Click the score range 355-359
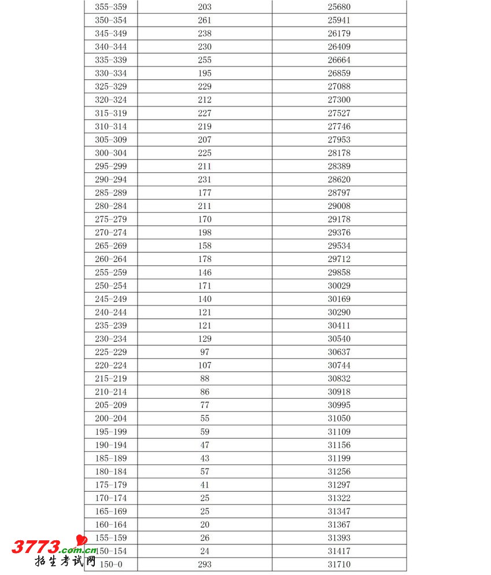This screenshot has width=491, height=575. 110,7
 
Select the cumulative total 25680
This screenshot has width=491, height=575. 339,7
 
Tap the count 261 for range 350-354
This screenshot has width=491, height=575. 205,20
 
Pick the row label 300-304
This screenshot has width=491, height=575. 110,153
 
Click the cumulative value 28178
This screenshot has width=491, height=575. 339,153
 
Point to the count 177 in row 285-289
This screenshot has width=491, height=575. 205,193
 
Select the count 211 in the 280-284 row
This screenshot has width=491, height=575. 205,206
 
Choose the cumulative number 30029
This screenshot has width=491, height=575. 339,286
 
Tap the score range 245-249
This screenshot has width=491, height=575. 110,299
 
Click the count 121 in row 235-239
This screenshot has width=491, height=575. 205,326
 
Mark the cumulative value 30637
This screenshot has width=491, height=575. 339,352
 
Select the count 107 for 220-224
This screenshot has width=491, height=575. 205,366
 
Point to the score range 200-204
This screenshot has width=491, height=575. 110,418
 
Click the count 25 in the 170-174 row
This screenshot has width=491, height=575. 205,498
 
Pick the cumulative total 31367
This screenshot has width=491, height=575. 339,525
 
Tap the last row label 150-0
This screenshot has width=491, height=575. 110,565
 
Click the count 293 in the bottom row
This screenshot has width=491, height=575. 205,565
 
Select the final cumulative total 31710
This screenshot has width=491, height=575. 339,565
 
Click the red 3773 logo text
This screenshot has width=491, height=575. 36,547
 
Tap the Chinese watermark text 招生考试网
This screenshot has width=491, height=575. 65,561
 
